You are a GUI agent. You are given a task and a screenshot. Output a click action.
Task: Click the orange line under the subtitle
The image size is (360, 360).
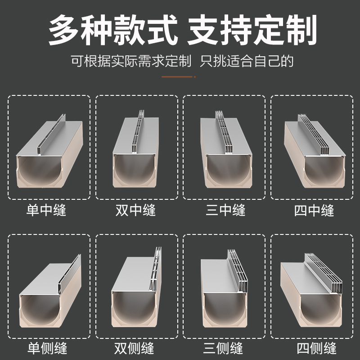click(x=179, y=77)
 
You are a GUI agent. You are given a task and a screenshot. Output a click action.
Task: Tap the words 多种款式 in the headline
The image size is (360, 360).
click(x=109, y=31)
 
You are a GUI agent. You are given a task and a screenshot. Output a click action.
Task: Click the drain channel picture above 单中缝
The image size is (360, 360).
click(x=49, y=153)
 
